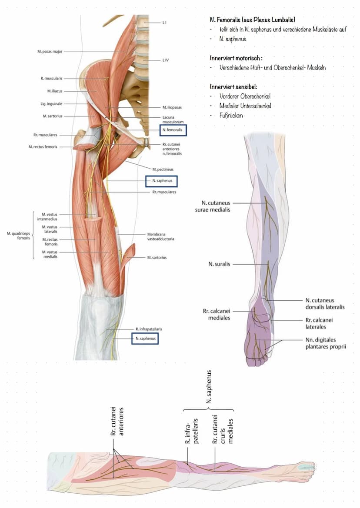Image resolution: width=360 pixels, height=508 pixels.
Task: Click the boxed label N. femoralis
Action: [x=173, y=129]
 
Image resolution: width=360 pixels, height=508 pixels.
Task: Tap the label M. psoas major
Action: [x=50, y=51]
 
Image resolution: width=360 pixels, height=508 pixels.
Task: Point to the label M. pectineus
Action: [x=163, y=169]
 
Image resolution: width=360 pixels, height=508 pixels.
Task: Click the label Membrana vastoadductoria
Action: [x=161, y=236]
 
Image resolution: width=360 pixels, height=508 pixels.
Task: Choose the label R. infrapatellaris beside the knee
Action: [x=149, y=329]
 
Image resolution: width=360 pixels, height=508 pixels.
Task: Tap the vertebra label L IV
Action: [x=166, y=60]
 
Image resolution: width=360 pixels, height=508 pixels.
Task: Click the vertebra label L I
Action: [x=164, y=22]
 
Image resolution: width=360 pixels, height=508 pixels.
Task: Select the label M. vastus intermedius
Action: [x=50, y=217]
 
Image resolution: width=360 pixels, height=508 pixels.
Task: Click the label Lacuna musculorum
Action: [x=170, y=120]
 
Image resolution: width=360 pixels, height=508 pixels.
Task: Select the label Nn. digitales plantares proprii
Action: [x=326, y=343]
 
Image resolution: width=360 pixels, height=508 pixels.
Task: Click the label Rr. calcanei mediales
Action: [x=217, y=314]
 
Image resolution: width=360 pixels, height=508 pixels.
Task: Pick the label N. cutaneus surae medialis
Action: [x=216, y=206]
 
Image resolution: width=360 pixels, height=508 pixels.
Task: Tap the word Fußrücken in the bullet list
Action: [x=231, y=116]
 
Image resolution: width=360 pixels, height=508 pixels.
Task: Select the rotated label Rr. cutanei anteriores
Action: [x=117, y=421]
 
